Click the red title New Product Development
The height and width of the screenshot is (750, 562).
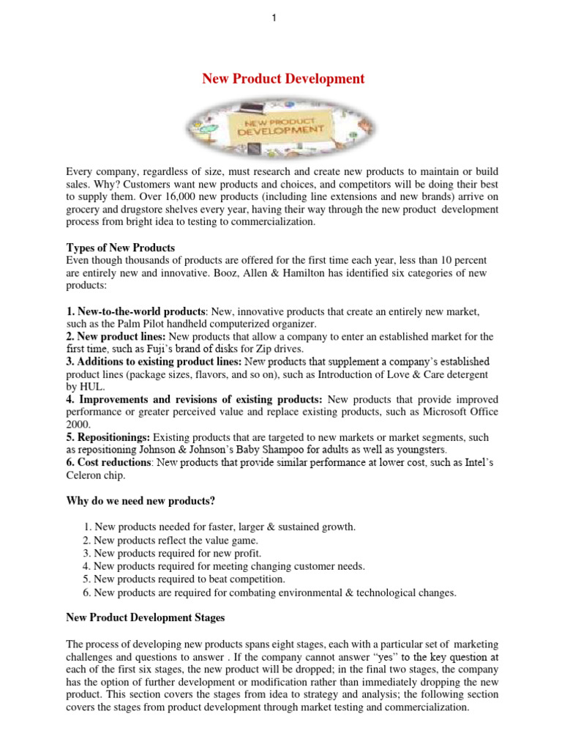coord(283,78)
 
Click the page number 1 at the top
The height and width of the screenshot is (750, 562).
coord(273,18)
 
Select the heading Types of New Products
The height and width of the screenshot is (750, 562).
coord(121,247)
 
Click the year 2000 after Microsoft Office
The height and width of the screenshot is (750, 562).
coord(78,424)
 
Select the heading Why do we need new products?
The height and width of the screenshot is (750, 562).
coord(142,501)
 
